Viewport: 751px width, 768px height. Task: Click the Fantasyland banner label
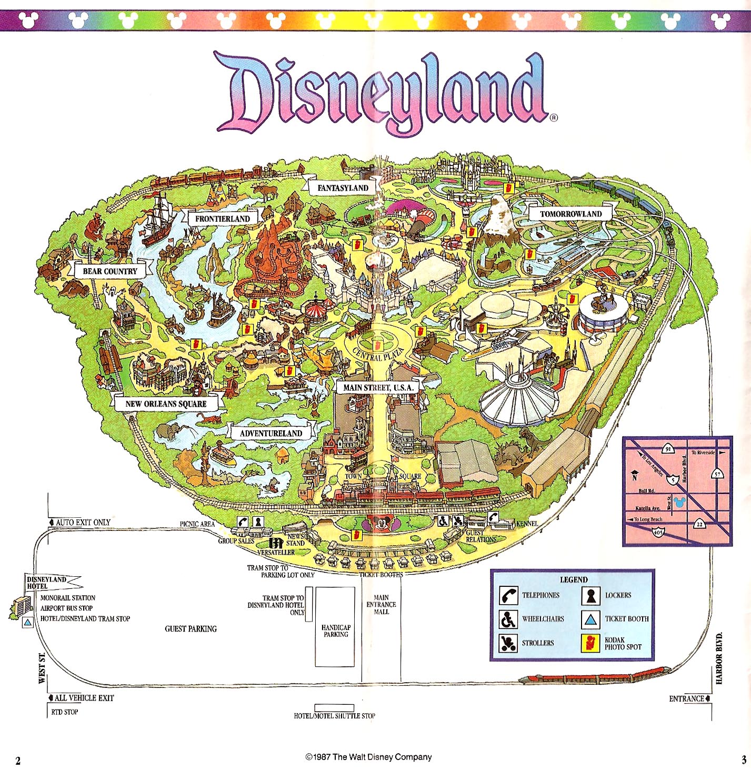click(x=343, y=188)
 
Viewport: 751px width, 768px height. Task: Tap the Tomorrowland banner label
click(x=570, y=214)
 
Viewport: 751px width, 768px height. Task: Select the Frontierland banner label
click(x=222, y=219)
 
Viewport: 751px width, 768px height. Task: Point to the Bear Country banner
click(x=109, y=271)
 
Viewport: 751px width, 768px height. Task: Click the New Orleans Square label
click(x=166, y=404)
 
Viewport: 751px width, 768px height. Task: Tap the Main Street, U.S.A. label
click(x=378, y=388)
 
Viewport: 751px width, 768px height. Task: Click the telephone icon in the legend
click(x=508, y=595)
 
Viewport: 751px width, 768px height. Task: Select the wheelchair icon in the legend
click(x=508, y=619)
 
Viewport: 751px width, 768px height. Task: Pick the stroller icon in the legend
click(x=508, y=643)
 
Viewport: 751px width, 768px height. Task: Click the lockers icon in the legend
click(x=590, y=595)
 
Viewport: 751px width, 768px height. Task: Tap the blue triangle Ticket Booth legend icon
click(x=590, y=619)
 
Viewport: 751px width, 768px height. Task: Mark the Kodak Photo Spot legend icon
click(x=590, y=643)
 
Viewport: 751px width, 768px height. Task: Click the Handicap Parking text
click(x=336, y=631)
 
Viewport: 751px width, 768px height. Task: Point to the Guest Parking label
click(x=191, y=629)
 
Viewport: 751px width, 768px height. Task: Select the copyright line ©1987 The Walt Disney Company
click(x=368, y=757)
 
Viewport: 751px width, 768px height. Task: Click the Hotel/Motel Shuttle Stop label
click(x=335, y=716)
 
